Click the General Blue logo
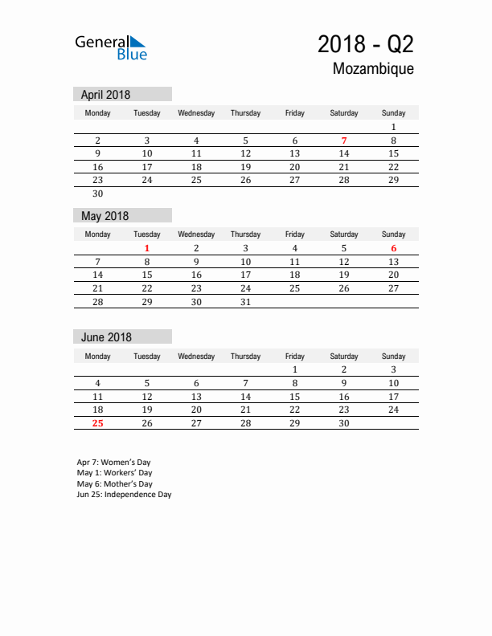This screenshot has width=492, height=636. tap(111, 47)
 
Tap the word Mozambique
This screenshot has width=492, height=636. tap(373, 69)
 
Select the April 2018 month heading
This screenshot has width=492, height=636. tap(105, 95)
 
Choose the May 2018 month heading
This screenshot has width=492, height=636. tap(105, 216)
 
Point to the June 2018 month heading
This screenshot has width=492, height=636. tap(106, 337)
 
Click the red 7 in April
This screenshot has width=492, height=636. tap(344, 141)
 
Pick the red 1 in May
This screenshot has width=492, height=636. tap(147, 249)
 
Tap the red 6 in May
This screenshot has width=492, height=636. tap(393, 249)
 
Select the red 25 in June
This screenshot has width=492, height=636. tap(98, 423)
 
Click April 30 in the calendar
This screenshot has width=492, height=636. tap(98, 194)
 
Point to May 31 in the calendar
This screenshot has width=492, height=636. tap(246, 302)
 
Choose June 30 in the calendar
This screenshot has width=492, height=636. tap(344, 423)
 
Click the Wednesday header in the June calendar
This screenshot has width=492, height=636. tap(196, 356)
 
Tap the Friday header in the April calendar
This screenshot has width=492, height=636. tap(295, 113)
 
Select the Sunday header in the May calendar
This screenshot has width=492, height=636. tap(393, 234)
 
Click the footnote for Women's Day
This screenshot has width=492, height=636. tap(113, 463)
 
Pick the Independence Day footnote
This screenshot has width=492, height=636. tap(124, 495)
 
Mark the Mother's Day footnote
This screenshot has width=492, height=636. tap(114, 484)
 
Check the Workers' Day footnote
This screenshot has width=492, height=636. tap(114, 473)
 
